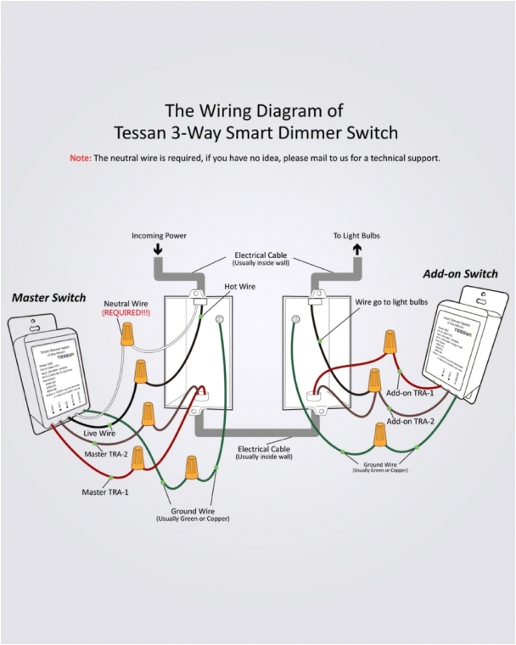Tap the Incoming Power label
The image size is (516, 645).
(159, 235)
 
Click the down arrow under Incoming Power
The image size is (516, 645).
(158, 250)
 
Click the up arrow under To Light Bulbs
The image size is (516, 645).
(357, 250)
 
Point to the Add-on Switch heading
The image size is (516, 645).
(459, 273)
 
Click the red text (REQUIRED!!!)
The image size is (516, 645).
(126, 313)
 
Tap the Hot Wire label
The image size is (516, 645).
(240, 287)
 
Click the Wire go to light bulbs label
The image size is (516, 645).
(391, 302)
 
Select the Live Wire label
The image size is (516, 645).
(99, 433)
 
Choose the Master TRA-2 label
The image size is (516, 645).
(107, 454)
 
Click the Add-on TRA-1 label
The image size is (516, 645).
(410, 394)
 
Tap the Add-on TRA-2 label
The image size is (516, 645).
(411, 421)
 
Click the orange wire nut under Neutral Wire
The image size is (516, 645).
(127, 335)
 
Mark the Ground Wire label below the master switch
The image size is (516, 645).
(192, 512)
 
